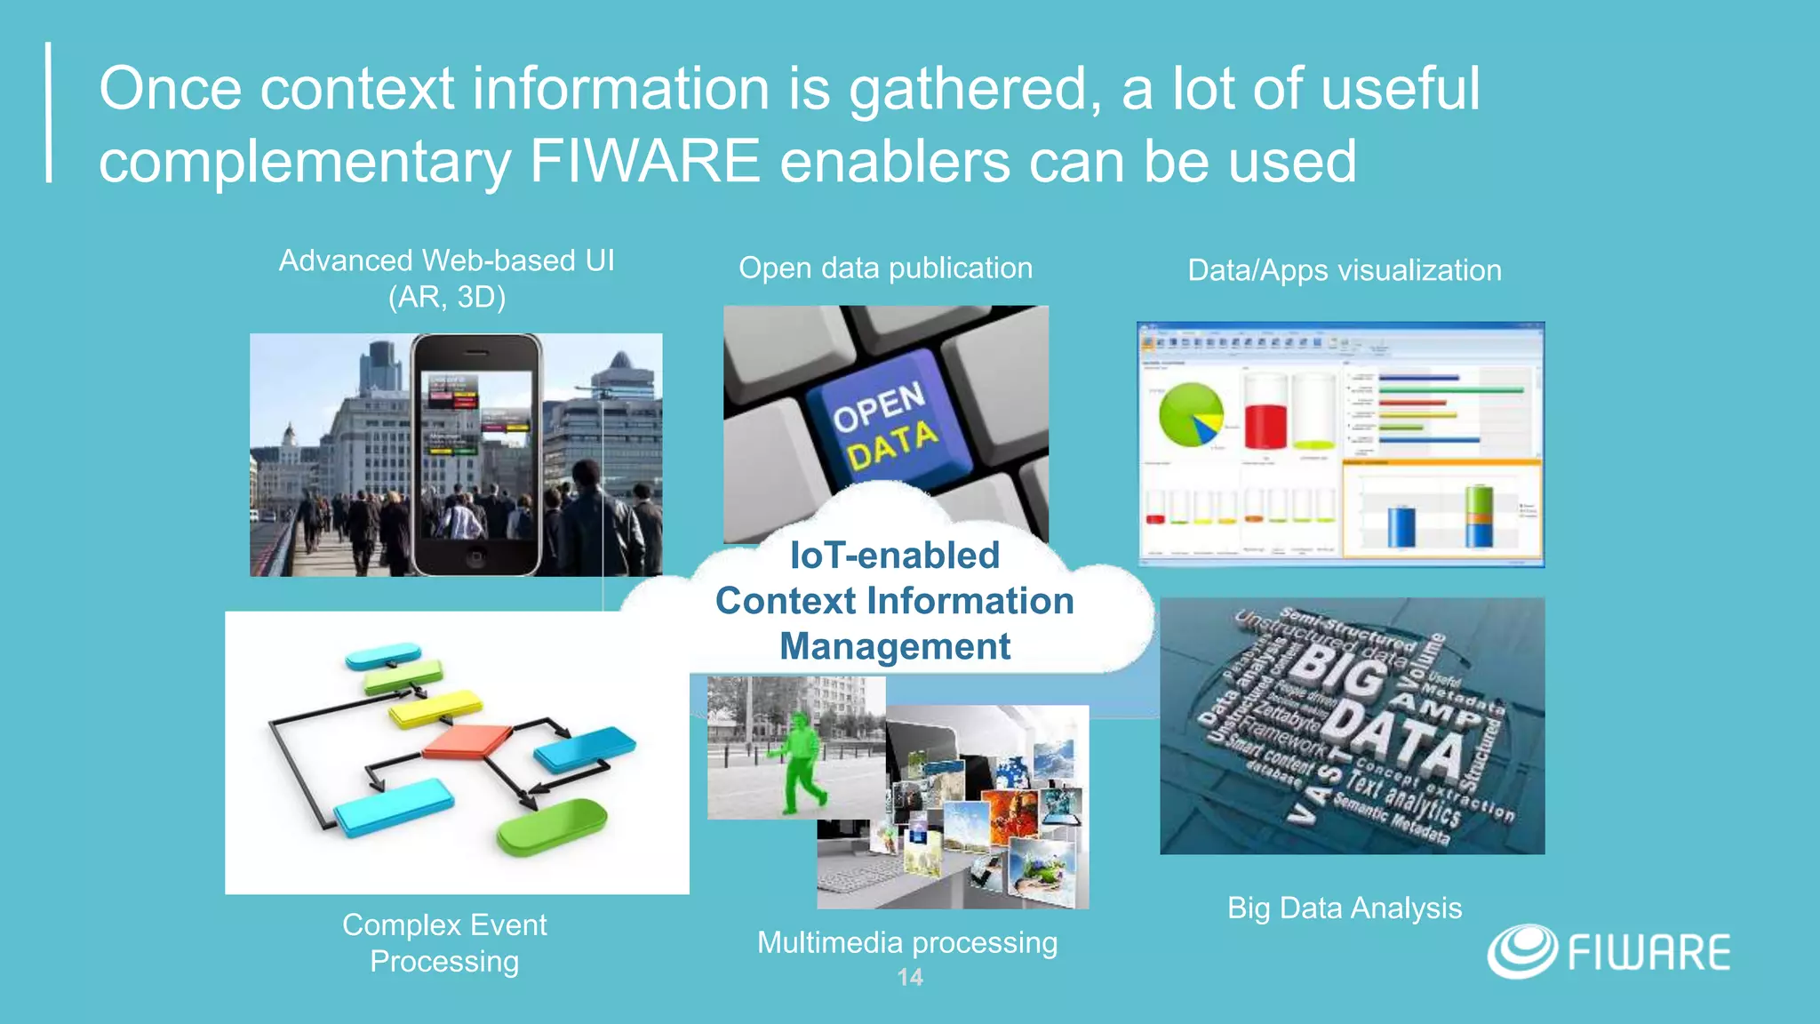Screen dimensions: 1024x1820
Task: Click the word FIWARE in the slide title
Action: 644,162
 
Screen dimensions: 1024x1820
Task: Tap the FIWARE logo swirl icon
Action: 1521,951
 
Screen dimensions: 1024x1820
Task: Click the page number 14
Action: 910,977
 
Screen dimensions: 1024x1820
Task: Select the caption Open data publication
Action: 885,268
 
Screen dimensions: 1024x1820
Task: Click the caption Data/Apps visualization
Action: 1344,270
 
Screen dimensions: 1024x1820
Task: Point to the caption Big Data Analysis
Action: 1344,908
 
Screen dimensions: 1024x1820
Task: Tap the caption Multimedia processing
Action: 906,942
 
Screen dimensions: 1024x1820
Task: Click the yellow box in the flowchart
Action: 435,709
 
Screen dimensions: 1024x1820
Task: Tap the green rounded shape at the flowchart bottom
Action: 551,825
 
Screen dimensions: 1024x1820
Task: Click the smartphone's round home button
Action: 475,558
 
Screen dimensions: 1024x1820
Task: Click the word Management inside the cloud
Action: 895,646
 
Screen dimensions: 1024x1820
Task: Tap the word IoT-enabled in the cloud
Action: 895,556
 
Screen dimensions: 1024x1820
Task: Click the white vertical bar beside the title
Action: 49,113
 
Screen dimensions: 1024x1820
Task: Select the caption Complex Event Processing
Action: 444,943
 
